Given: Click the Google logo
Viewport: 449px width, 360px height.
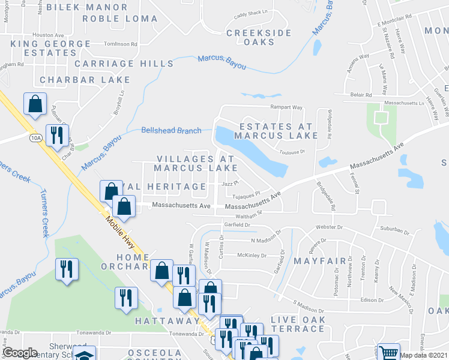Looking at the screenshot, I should (20, 353).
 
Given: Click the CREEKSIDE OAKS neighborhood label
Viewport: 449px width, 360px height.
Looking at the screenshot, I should (259, 37).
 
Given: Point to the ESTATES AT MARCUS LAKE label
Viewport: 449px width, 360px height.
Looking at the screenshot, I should (276, 131).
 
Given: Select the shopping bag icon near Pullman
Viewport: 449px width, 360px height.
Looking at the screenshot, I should (35, 103).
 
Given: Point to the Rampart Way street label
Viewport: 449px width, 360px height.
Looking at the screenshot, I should (285, 108).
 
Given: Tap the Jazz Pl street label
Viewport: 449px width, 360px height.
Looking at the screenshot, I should (231, 184).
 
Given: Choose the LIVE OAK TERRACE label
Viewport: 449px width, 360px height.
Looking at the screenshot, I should (298, 325).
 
